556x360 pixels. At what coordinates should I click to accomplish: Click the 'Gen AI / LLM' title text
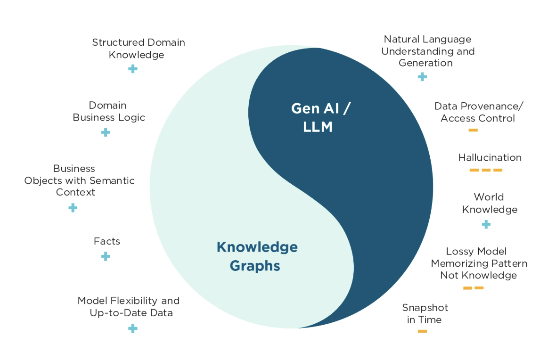click(320, 117)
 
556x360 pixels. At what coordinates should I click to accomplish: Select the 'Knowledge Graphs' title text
click(257, 256)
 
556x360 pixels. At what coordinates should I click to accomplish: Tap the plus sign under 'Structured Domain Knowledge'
click(133, 69)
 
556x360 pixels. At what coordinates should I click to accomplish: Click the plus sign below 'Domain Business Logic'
click(106, 132)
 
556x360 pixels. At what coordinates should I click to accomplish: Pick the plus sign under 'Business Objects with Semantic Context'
click(73, 207)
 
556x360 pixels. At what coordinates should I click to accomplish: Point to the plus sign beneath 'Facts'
click(106, 256)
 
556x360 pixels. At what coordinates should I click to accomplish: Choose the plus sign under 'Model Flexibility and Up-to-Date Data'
click(133, 328)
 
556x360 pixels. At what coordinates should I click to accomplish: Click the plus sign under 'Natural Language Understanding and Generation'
click(422, 76)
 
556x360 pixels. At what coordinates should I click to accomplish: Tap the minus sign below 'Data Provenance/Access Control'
click(473, 130)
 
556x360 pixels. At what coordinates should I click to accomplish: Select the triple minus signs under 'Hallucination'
click(486, 170)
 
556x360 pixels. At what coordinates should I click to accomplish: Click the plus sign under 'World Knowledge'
click(486, 224)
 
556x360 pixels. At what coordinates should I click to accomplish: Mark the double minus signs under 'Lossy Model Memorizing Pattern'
click(473, 288)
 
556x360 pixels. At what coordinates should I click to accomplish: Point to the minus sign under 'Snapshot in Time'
click(422, 331)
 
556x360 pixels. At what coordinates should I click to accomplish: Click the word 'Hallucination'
click(490, 157)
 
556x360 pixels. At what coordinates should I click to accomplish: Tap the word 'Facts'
click(107, 241)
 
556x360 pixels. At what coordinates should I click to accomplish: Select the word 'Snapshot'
click(425, 308)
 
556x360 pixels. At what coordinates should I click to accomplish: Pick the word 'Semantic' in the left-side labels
click(112, 180)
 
